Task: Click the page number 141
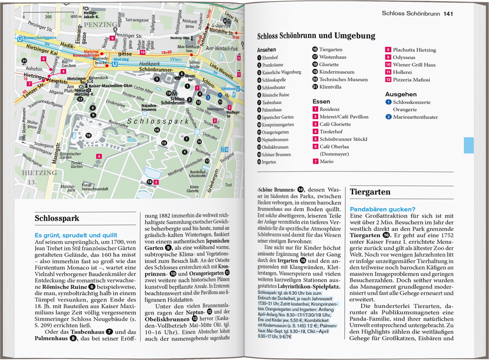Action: click(x=448, y=14)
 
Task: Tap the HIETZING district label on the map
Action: click(x=39, y=173)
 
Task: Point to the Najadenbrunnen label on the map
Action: click(x=149, y=108)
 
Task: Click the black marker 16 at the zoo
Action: click(x=88, y=135)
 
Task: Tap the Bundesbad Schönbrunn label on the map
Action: click(x=198, y=174)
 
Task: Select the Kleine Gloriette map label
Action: click(x=193, y=189)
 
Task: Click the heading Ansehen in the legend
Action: click(x=266, y=50)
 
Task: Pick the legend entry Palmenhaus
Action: click(x=272, y=110)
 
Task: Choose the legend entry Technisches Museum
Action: click(x=343, y=79)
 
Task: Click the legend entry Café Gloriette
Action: click(x=335, y=124)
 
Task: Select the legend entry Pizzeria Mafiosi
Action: click(x=411, y=80)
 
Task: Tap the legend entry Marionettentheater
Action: click(x=415, y=117)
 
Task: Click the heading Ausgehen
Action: click(x=401, y=94)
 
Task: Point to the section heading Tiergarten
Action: click(x=370, y=192)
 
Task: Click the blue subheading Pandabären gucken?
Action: click(x=382, y=209)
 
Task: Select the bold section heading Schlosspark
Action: click(x=57, y=218)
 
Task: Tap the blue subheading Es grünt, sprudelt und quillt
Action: click(x=76, y=235)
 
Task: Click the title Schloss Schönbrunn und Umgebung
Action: click(x=316, y=36)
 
